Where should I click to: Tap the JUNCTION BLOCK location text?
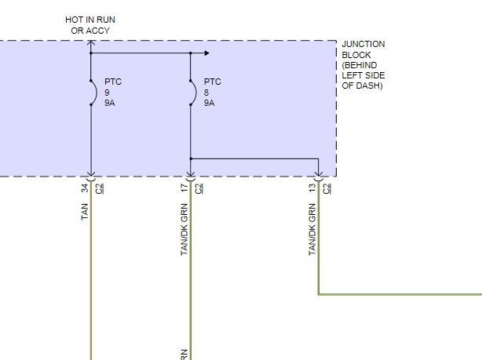(363, 65)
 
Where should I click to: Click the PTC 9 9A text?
(114, 91)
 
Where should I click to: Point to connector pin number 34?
(85, 187)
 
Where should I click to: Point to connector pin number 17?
(184, 187)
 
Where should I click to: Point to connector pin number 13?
(312, 187)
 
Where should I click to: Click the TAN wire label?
(85, 211)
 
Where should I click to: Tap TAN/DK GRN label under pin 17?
(184, 229)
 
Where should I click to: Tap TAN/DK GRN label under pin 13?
(312, 229)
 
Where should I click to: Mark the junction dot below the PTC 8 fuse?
(191, 158)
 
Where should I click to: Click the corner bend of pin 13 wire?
(319, 294)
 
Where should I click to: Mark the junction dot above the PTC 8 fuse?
(191, 53)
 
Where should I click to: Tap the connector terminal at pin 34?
(91, 177)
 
